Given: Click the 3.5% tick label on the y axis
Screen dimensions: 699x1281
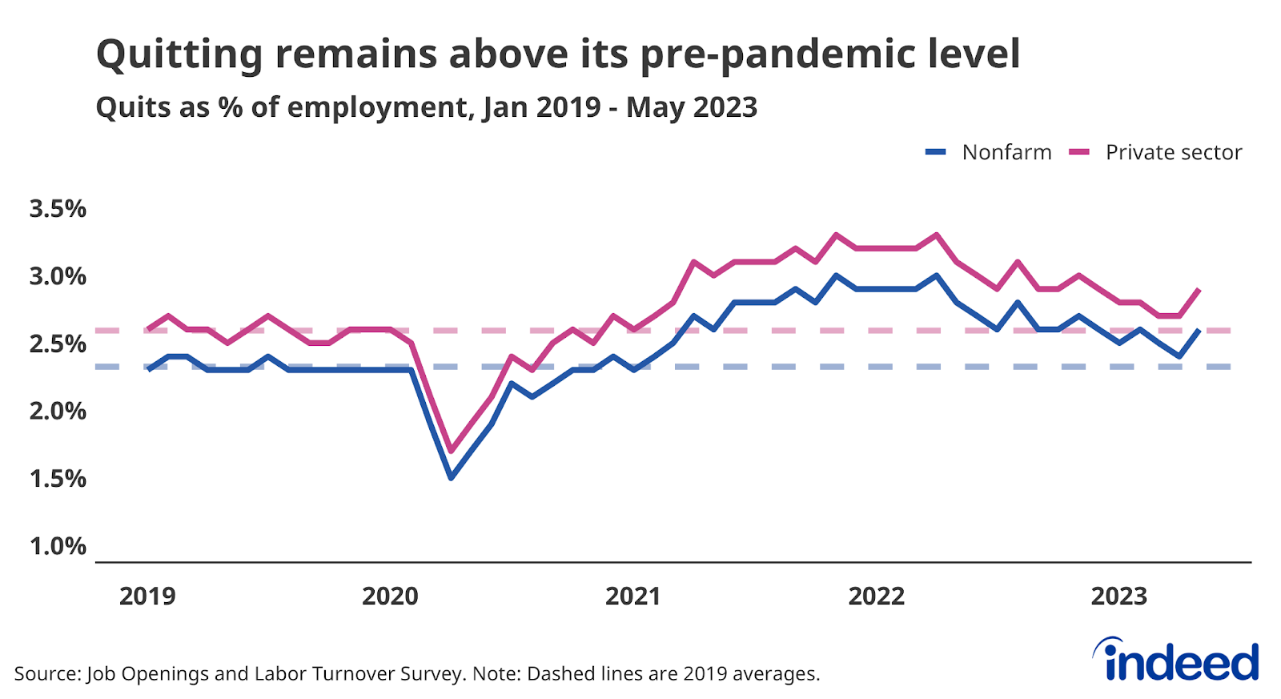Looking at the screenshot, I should tap(58, 209).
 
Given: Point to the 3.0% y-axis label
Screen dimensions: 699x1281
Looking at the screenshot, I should tap(58, 276).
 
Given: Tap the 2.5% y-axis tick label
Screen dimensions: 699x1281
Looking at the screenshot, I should tap(58, 344).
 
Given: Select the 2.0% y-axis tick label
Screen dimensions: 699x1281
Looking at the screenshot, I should tap(58, 412).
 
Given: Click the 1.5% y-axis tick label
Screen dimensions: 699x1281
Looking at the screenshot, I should tap(58, 479).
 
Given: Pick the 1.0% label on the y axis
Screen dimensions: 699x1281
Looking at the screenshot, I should tap(58, 546).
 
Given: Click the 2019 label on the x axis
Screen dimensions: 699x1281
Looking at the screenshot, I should tap(147, 597).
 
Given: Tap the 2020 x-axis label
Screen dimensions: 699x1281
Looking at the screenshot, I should tap(390, 597).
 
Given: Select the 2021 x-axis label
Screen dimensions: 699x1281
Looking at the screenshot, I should tap(633, 597).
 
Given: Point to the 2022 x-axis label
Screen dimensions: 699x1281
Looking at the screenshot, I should tap(876, 597).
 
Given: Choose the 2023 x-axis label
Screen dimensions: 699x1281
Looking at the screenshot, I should tap(1119, 597).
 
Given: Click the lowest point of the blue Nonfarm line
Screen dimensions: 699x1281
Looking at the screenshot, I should tap(451, 478).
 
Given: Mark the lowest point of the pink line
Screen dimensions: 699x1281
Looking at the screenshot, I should tap(451, 452).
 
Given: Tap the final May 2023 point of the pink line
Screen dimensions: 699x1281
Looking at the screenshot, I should tap(1199, 289).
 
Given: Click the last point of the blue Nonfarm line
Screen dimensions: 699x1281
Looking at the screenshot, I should tap(1199, 330).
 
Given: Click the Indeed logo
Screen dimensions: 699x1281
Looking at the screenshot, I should tap(1176, 661).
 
